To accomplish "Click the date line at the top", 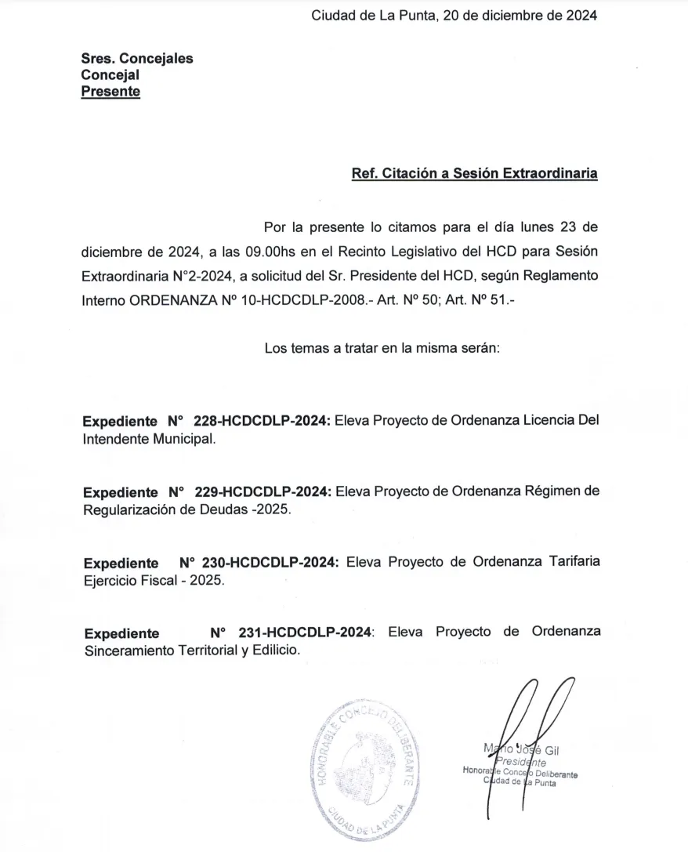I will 454,15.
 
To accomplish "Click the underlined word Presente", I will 110,92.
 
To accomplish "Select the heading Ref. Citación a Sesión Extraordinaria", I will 474,173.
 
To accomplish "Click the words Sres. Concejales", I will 137,58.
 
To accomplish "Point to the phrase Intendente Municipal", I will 147,440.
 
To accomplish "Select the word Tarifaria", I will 570,563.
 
